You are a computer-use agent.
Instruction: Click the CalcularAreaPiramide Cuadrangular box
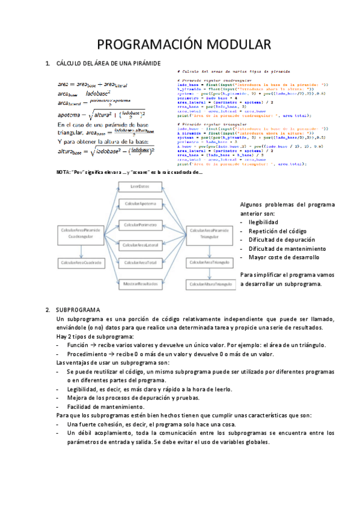click(x=81, y=233)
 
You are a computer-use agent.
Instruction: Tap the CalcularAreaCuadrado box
click(x=81, y=263)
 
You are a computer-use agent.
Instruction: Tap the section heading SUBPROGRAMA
click(x=82, y=310)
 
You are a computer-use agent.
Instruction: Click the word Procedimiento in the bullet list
click(x=88, y=354)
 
